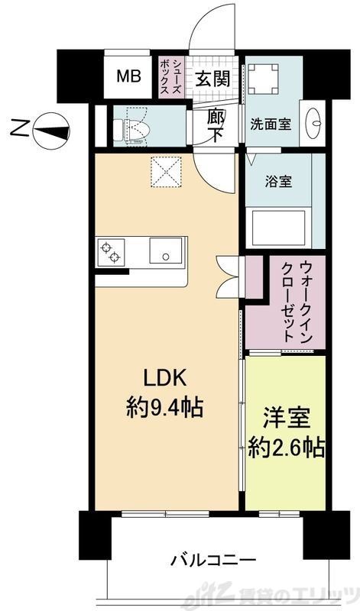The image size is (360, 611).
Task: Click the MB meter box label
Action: (127, 77)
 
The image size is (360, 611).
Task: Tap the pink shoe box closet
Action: (168, 76)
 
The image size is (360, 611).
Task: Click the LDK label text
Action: (163, 378)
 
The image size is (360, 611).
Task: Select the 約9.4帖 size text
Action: (164, 406)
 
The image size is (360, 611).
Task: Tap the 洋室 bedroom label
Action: (287, 420)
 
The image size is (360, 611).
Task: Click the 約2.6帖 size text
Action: (287, 448)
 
